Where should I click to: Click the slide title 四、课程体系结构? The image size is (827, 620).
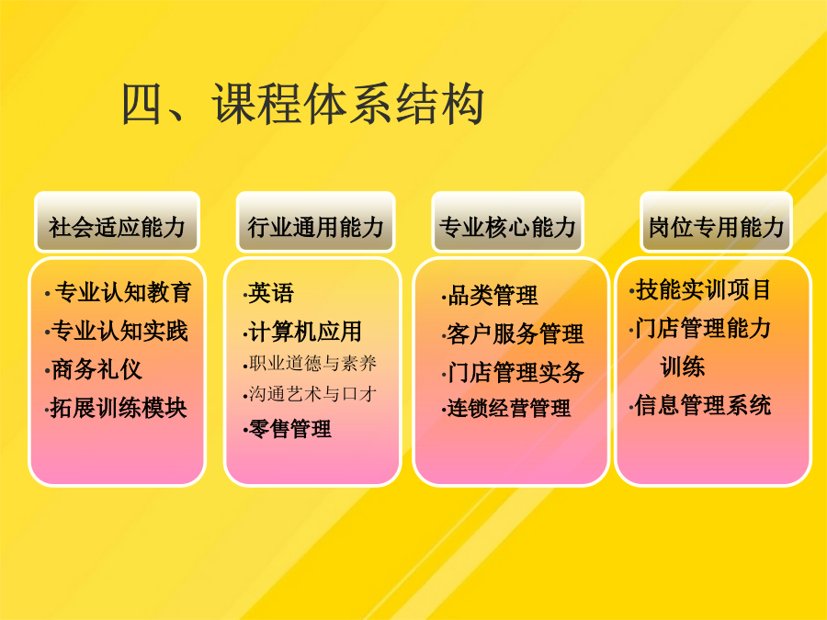click(x=302, y=104)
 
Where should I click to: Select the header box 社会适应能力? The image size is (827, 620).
click(x=117, y=222)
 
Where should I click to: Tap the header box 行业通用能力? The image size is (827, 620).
click(x=316, y=222)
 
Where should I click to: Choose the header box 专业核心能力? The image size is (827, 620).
click(x=507, y=222)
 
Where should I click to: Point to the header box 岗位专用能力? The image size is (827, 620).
click(x=716, y=222)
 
